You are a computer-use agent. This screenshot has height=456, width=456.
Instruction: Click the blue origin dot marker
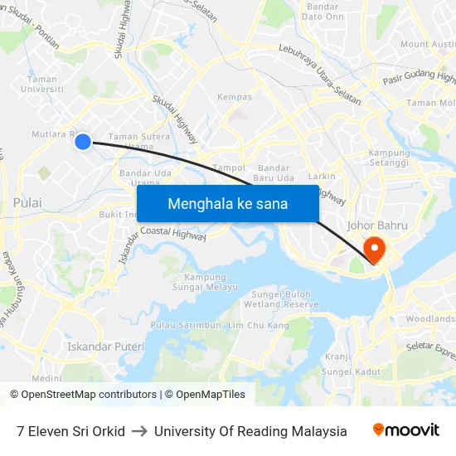(x=83, y=142)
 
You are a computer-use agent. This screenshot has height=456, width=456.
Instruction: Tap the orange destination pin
(x=374, y=249)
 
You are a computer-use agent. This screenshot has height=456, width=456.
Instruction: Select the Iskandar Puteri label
(x=105, y=347)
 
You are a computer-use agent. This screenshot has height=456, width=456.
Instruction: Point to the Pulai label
(x=27, y=202)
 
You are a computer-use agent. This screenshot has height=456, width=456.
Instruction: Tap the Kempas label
(x=234, y=97)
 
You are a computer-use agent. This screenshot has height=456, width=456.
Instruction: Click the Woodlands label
(x=430, y=319)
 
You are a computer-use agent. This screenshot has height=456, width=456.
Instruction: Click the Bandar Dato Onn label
(x=325, y=12)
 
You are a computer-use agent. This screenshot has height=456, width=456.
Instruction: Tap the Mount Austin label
(x=426, y=44)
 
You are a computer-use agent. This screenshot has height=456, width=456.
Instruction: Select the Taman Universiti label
(x=41, y=85)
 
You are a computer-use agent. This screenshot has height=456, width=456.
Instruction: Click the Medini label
(x=47, y=378)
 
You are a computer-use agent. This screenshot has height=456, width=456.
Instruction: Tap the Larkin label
(x=322, y=177)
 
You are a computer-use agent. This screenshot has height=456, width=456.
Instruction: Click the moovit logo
(x=405, y=430)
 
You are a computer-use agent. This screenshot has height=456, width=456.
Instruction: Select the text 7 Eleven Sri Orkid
(x=70, y=431)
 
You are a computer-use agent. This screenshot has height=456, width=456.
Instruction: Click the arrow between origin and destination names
(x=139, y=431)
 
